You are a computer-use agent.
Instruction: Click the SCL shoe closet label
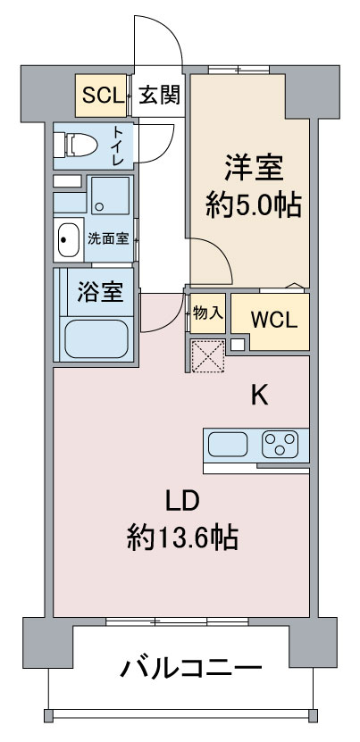[x=104, y=95]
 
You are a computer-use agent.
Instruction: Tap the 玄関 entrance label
[x=160, y=95]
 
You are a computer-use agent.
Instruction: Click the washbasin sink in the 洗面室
[x=68, y=238]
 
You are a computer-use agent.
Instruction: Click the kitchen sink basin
[x=230, y=444]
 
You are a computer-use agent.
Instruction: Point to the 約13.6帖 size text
[x=181, y=538]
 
